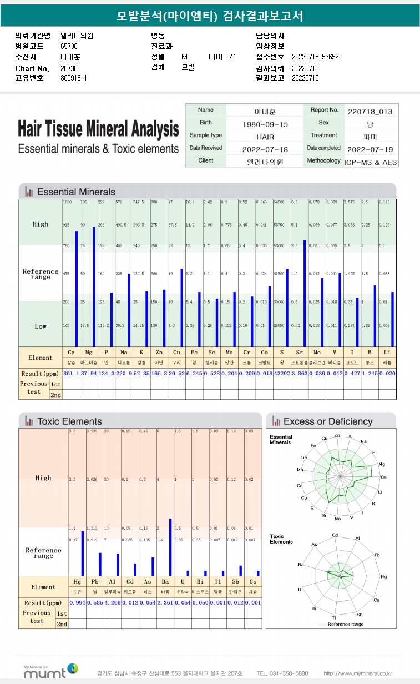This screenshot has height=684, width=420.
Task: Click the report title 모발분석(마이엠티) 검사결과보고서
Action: (x=210, y=16)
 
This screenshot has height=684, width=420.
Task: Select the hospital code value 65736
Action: (x=69, y=46)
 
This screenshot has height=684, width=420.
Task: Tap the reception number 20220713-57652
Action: (x=315, y=57)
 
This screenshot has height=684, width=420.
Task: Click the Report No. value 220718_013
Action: (x=370, y=111)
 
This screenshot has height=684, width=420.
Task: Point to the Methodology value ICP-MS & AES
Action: (x=370, y=162)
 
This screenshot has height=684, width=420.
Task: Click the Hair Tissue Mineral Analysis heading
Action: (x=98, y=129)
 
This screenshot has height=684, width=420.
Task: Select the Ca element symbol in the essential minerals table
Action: (x=71, y=353)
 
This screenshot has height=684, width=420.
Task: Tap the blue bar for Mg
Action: (x=94, y=286)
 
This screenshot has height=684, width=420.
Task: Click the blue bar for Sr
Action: (x=305, y=293)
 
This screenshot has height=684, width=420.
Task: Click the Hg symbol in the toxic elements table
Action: (x=77, y=581)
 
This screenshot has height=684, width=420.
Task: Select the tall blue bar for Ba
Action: (x=169, y=547)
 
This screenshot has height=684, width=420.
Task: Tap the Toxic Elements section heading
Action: (x=69, y=421)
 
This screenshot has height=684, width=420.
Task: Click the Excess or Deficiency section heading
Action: (x=327, y=421)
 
